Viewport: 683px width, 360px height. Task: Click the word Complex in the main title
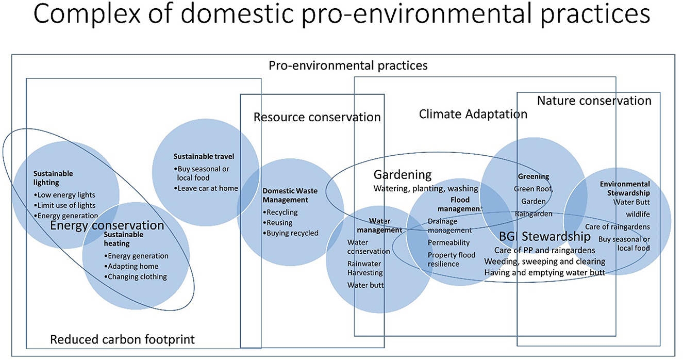87,14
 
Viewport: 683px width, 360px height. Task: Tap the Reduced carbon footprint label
122,339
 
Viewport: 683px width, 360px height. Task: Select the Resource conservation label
317,117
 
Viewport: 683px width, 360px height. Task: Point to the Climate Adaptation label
473,114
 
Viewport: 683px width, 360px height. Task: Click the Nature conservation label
594,101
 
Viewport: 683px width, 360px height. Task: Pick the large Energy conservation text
107,225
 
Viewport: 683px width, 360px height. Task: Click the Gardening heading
403,175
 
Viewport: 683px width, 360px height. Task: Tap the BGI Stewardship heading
544,236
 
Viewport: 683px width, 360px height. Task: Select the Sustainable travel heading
204,156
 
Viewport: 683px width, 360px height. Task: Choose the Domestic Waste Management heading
290,195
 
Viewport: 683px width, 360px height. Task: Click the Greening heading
534,176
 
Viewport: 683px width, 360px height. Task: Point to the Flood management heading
460,204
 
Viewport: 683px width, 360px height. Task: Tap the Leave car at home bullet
206,189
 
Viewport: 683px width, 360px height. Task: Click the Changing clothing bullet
136,277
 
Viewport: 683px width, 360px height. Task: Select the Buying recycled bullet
291,233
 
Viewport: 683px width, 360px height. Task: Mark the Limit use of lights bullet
64,205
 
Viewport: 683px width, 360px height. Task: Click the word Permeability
448,243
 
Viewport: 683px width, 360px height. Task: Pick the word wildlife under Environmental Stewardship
638,215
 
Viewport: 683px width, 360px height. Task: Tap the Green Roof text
534,189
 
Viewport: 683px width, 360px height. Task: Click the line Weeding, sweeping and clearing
544,262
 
